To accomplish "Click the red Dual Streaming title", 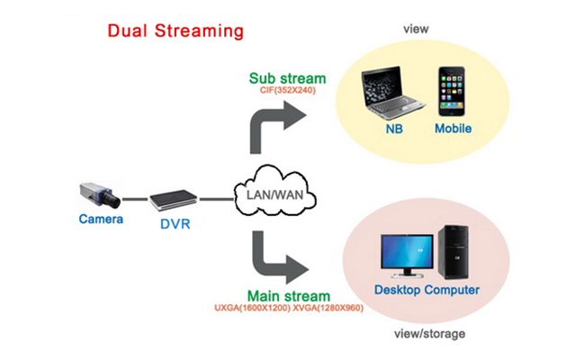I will (x=175, y=31).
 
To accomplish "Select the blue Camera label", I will (x=100, y=219).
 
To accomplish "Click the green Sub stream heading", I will (x=289, y=77).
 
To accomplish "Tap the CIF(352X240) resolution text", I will (x=289, y=91).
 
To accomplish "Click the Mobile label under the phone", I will (x=453, y=130).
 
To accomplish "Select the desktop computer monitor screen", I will (x=406, y=253).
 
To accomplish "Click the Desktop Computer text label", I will (x=427, y=291).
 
